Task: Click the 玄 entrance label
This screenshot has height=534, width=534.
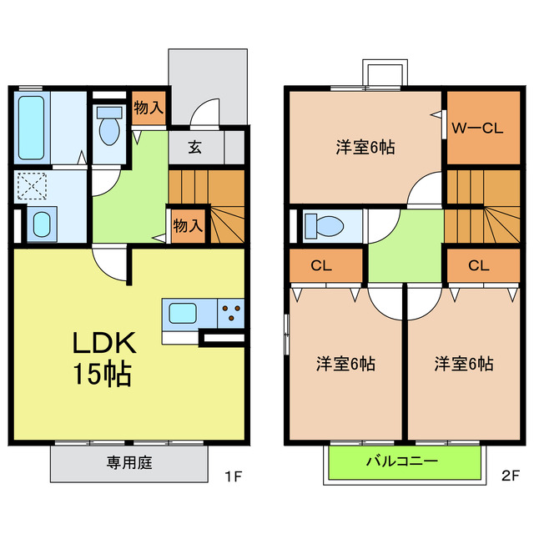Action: [195, 149]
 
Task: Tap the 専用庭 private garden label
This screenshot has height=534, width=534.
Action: [129, 462]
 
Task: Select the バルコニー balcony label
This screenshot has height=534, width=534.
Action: [402, 461]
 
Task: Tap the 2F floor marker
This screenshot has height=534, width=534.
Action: [510, 478]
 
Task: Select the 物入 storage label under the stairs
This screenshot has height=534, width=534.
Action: [187, 225]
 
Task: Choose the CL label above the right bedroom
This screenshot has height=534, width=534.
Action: [477, 266]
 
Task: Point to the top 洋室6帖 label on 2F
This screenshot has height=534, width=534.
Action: [365, 148]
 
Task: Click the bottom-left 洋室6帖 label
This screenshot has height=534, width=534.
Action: [345, 364]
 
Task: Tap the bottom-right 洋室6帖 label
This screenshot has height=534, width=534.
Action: [463, 364]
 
